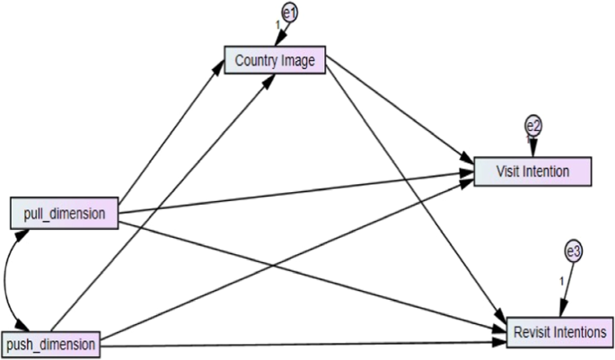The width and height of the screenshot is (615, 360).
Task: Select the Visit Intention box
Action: (x=532, y=171)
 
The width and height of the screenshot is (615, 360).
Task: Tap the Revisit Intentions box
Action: (x=561, y=332)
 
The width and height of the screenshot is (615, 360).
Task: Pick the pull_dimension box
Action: (x=65, y=214)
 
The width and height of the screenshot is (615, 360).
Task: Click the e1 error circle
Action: (x=290, y=12)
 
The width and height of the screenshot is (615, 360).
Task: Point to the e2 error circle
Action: (x=533, y=127)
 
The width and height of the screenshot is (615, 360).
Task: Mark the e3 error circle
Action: (x=574, y=252)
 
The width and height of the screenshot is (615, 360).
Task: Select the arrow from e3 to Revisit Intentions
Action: (x=568, y=287)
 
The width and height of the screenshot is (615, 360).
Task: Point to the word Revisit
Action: (x=535, y=332)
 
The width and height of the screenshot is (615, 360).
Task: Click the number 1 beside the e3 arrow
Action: (x=563, y=281)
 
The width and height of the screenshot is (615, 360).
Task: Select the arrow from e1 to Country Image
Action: (x=285, y=32)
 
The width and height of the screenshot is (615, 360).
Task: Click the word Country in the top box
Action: (x=255, y=60)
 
